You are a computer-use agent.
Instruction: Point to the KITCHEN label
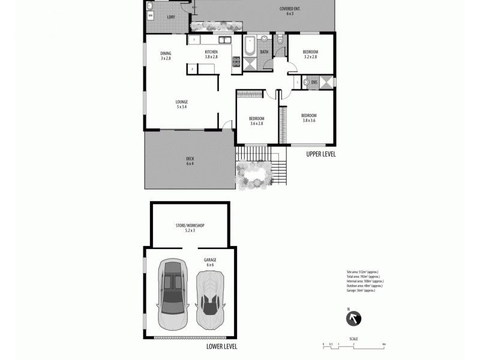coord(211,53)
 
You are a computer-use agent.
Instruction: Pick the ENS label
coord(313,82)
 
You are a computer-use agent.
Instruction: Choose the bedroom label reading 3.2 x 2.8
coord(310,54)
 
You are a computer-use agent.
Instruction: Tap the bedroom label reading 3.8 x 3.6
coord(308,118)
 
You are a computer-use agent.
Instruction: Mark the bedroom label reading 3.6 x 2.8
coord(257,121)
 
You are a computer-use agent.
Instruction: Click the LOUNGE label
coord(182,104)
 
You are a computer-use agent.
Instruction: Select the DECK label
coord(190,161)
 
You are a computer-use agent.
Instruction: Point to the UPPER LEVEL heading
coord(320,154)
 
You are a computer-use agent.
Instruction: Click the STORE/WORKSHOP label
coord(190,227)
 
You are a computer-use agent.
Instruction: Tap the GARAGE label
coord(210,261)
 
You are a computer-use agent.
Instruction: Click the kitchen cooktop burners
coord(236,61)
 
